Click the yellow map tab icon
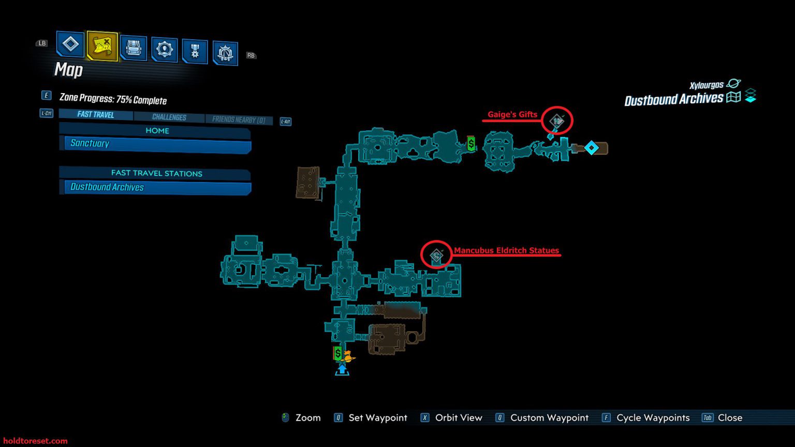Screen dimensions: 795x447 102,46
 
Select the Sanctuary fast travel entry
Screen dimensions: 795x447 155,144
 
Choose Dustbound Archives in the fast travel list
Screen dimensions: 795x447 155,187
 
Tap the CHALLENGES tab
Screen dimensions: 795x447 169,117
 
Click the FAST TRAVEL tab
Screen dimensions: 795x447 96,114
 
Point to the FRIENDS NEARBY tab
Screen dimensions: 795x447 239,120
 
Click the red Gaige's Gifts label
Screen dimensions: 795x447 512,114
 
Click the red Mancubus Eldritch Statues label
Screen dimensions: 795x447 506,250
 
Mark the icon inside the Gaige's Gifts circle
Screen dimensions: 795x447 557,121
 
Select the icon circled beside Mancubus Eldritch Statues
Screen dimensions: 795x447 437,255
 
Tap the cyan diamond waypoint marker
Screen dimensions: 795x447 591,148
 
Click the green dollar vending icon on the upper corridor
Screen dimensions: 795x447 471,144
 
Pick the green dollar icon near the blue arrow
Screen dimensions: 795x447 337,353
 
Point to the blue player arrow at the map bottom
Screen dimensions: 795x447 342,370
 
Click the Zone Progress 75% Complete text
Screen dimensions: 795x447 113,99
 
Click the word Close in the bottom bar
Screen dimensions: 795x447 730,418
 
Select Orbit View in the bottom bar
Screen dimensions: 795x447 458,418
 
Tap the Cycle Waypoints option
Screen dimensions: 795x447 653,418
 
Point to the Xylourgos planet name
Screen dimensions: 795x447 706,85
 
